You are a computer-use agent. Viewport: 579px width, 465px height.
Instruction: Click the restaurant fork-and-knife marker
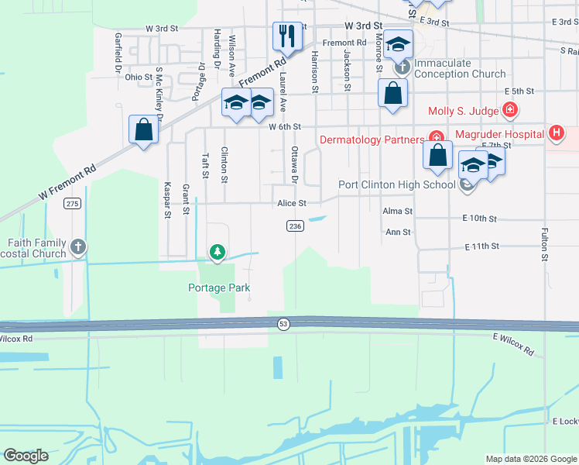point(286,36)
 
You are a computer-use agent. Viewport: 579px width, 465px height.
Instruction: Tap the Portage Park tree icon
point(218,251)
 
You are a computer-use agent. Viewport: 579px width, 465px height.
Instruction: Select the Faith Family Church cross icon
point(77,247)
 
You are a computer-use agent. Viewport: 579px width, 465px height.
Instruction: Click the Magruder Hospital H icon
point(555,133)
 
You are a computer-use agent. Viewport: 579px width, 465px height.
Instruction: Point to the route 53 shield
point(284,324)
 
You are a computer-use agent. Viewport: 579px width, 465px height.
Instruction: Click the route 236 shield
point(294,226)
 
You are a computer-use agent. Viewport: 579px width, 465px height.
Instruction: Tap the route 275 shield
point(73,203)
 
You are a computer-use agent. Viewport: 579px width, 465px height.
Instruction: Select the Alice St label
point(293,203)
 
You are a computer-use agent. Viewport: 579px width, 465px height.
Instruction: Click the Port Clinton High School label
point(396,184)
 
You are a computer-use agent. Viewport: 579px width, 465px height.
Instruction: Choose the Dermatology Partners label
point(372,139)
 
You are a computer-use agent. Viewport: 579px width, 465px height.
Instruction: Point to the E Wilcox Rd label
point(513,344)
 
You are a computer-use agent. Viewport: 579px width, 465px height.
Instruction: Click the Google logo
point(26,455)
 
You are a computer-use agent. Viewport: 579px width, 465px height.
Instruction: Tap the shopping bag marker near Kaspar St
point(144,129)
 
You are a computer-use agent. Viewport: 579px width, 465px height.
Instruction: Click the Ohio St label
point(139,77)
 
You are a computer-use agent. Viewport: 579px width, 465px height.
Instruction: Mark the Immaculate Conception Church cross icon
point(401,67)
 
